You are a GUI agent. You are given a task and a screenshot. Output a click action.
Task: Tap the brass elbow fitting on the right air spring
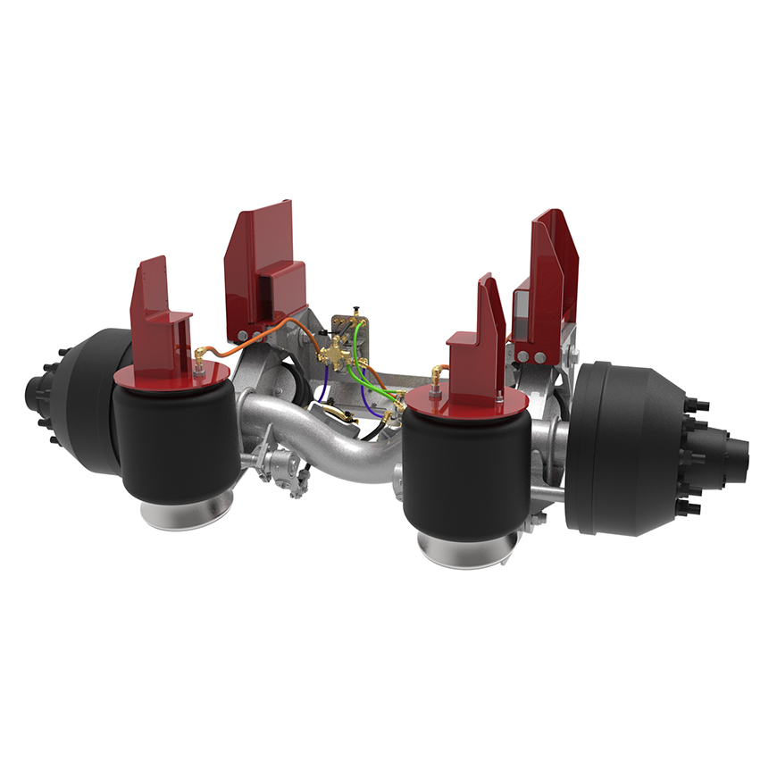point(435,373)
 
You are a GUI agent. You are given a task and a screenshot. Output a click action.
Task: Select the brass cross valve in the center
point(338,353)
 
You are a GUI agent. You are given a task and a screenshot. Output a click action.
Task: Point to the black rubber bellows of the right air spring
point(464,473)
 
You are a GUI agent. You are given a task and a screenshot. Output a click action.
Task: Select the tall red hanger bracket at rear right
point(549,277)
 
